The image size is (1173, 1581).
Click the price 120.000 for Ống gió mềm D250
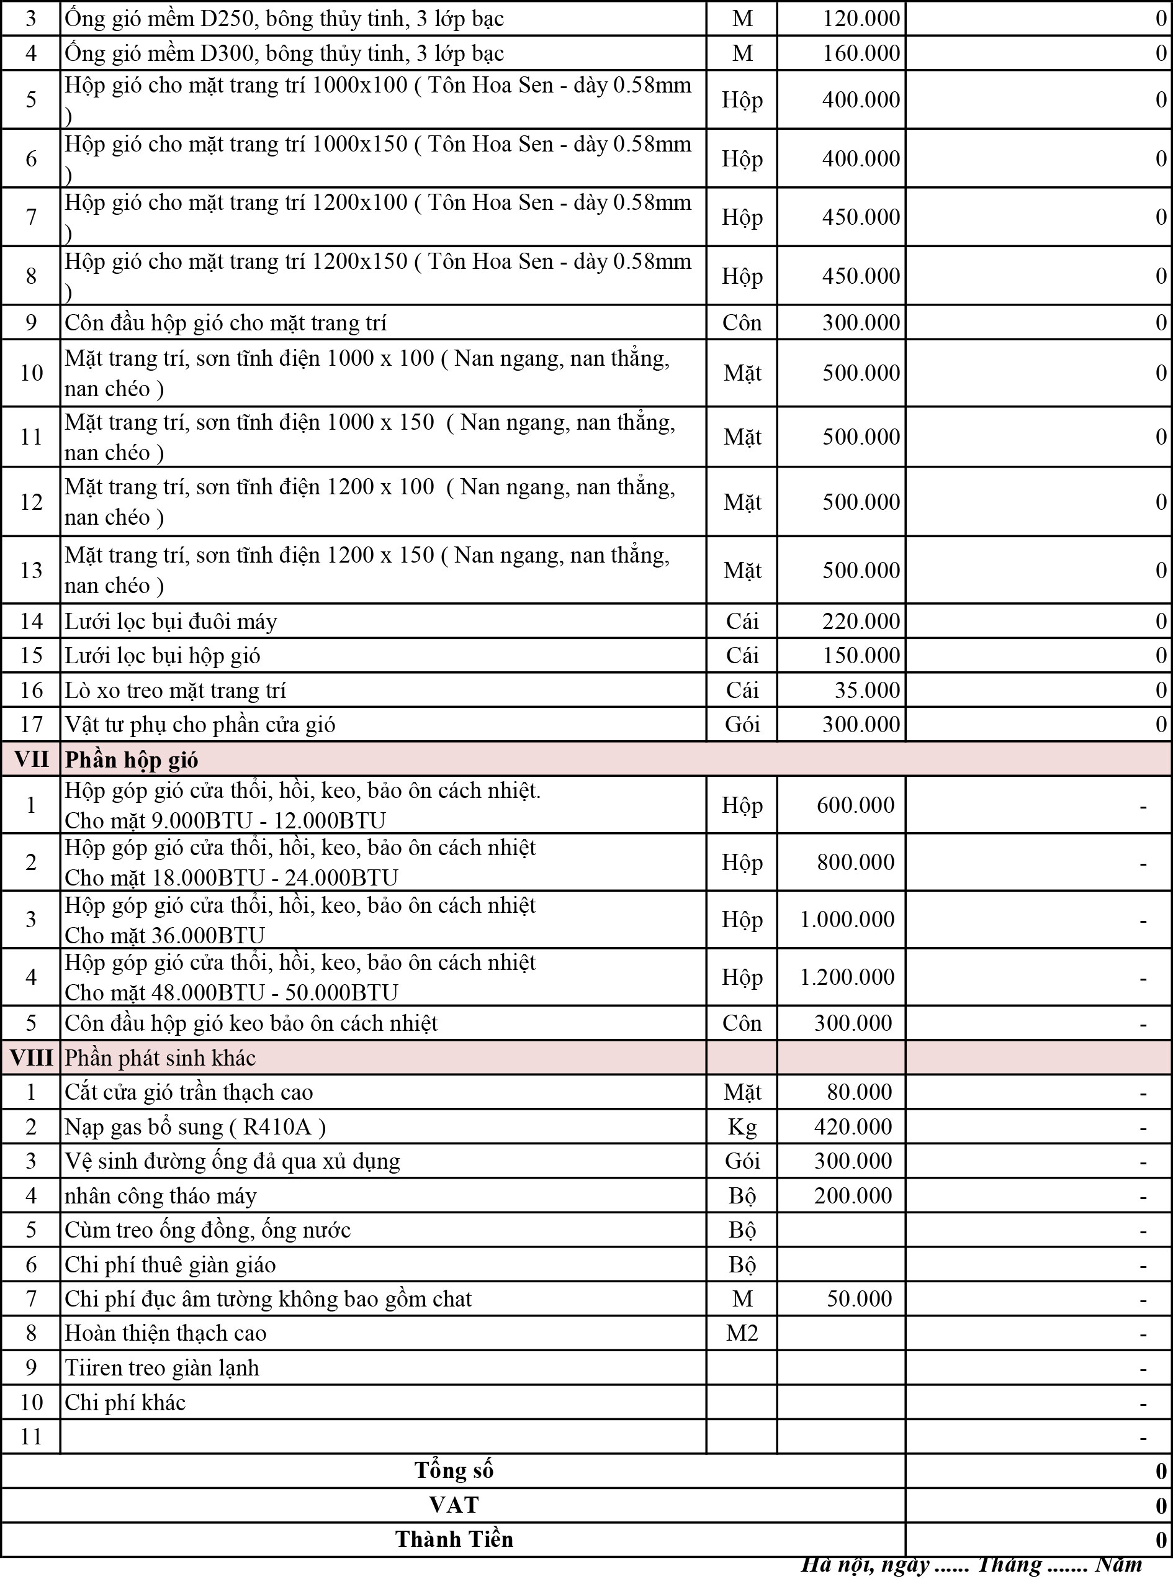(x=861, y=19)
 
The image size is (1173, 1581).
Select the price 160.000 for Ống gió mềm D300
(x=861, y=53)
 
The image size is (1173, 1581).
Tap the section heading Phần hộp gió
(x=132, y=760)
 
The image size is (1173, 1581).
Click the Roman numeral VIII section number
(x=31, y=1058)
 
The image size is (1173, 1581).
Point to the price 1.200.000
(x=847, y=977)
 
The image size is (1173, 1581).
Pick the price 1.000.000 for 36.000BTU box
(x=847, y=919)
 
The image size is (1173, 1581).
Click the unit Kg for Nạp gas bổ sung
(x=742, y=1127)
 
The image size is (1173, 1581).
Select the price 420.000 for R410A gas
(x=852, y=1127)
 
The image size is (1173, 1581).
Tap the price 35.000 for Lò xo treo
(x=867, y=691)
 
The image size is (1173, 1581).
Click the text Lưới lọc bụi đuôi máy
(x=171, y=622)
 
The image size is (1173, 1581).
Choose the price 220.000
(x=861, y=622)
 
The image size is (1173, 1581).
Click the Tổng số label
(x=454, y=1470)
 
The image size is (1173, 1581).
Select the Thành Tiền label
(x=454, y=1539)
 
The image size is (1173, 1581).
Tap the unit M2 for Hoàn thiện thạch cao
(x=742, y=1333)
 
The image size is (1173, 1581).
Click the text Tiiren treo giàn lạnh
(x=162, y=1368)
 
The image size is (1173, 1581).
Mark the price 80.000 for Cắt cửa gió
(x=858, y=1092)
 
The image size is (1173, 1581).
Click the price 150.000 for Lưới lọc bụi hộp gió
(x=861, y=656)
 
